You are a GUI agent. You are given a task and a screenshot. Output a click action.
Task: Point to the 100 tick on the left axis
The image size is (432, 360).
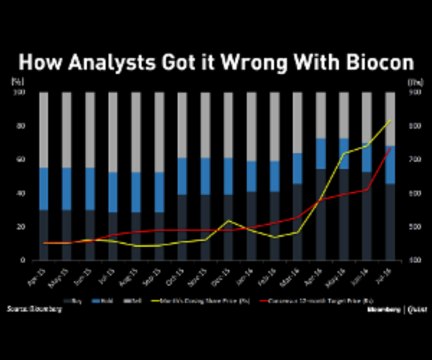point(17,92)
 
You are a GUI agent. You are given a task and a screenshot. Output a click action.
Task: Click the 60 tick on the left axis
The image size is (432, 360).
point(18,159)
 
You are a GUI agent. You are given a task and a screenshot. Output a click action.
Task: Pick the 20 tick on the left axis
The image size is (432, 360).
point(18,227)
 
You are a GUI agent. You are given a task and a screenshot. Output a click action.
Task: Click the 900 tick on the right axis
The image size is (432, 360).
point(415,92)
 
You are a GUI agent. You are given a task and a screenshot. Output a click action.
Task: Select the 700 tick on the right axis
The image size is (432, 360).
point(415,159)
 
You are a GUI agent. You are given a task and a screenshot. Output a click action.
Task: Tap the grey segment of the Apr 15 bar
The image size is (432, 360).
point(44,130)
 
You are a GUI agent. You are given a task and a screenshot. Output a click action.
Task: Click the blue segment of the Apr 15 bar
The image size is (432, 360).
point(44,188)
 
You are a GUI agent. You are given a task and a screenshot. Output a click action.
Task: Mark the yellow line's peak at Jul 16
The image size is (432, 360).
point(390,121)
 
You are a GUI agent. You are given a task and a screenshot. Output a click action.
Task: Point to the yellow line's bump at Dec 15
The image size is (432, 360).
point(229,221)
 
